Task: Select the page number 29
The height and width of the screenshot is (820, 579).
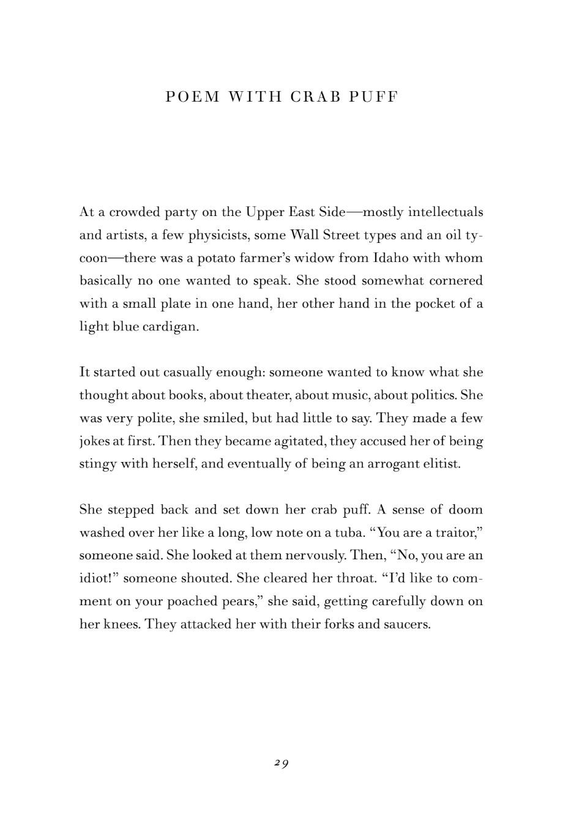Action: [x=282, y=763]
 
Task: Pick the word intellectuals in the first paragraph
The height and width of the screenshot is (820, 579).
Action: [x=446, y=212]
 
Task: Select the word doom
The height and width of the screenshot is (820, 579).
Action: [x=466, y=510]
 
